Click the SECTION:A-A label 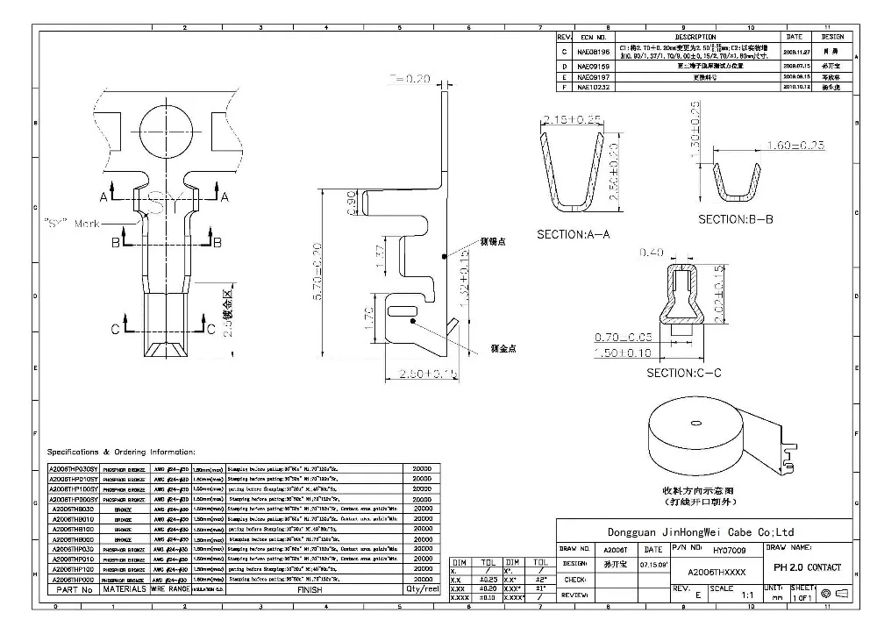(x=573, y=235)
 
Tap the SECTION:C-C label (x=683, y=373)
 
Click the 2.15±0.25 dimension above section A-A (x=572, y=119)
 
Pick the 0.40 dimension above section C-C (x=652, y=253)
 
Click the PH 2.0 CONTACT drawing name (x=808, y=567)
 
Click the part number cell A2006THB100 (x=74, y=529)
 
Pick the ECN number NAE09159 (x=593, y=66)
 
